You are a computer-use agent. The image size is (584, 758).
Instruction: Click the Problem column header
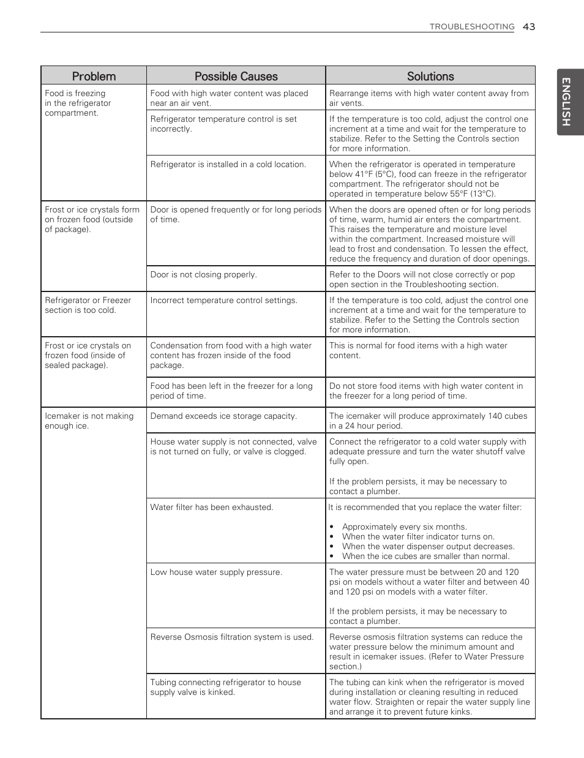point(94,77)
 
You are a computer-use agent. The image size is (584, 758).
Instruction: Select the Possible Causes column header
point(236,77)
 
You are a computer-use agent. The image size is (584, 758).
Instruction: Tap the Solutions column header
point(430,77)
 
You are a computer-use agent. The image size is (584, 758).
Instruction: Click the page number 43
point(529,26)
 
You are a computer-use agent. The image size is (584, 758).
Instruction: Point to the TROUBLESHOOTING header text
point(471,27)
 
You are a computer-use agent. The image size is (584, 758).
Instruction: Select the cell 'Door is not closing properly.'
point(203,275)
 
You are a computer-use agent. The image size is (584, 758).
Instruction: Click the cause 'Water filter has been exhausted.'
point(212,508)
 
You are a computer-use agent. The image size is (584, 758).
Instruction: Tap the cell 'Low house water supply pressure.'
point(216,572)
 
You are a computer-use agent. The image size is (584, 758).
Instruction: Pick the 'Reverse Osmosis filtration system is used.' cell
point(231,637)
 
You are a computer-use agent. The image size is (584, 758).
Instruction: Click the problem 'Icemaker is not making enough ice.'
point(89,421)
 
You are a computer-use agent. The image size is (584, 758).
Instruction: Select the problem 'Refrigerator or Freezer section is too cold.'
point(88,306)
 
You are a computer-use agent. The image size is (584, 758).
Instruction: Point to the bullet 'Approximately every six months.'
point(404,527)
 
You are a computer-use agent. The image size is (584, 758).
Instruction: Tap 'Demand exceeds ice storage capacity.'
point(223,416)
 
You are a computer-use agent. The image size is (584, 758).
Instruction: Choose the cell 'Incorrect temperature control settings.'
point(223,301)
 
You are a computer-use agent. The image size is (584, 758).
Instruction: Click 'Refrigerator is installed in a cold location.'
point(228,165)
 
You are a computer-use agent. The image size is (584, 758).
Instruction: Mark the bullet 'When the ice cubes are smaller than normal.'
point(425,557)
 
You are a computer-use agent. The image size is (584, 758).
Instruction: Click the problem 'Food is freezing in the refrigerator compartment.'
point(78,103)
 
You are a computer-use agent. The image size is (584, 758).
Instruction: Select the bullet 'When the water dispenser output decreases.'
point(428,547)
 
